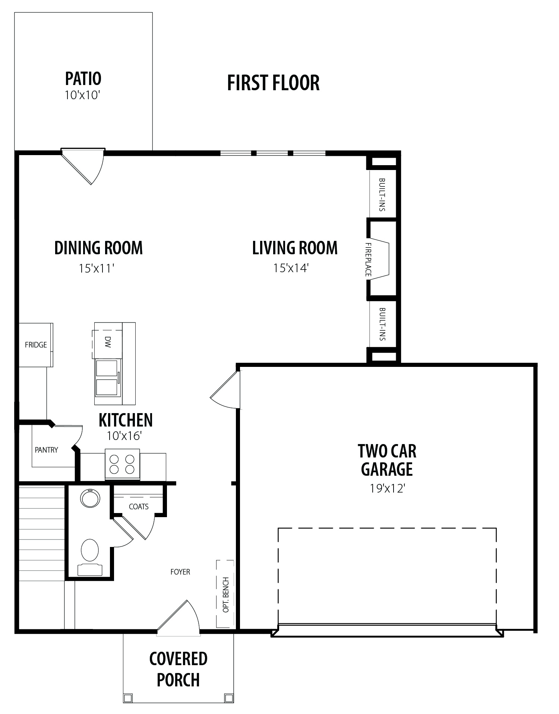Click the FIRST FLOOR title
(x=273, y=83)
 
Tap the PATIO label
(x=83, y=78)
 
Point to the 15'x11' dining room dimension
(x=96, y=268)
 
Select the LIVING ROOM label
(x=295, y=248)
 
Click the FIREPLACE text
(x=368, y=260)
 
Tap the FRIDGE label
(x=36, y=345)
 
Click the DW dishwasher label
(x=108, y=342)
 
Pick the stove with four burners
(x=122, y=464)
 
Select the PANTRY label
(x=46, y=450)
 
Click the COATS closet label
(x=139, y=507)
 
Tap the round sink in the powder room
(x=90, y=498)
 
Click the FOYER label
(x=180, y=572)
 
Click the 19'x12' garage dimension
(x=387, y=488)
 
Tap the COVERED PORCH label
(x=178, y=669)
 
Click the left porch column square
(x=128, y=698)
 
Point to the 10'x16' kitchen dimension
(x=124, y=436)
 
